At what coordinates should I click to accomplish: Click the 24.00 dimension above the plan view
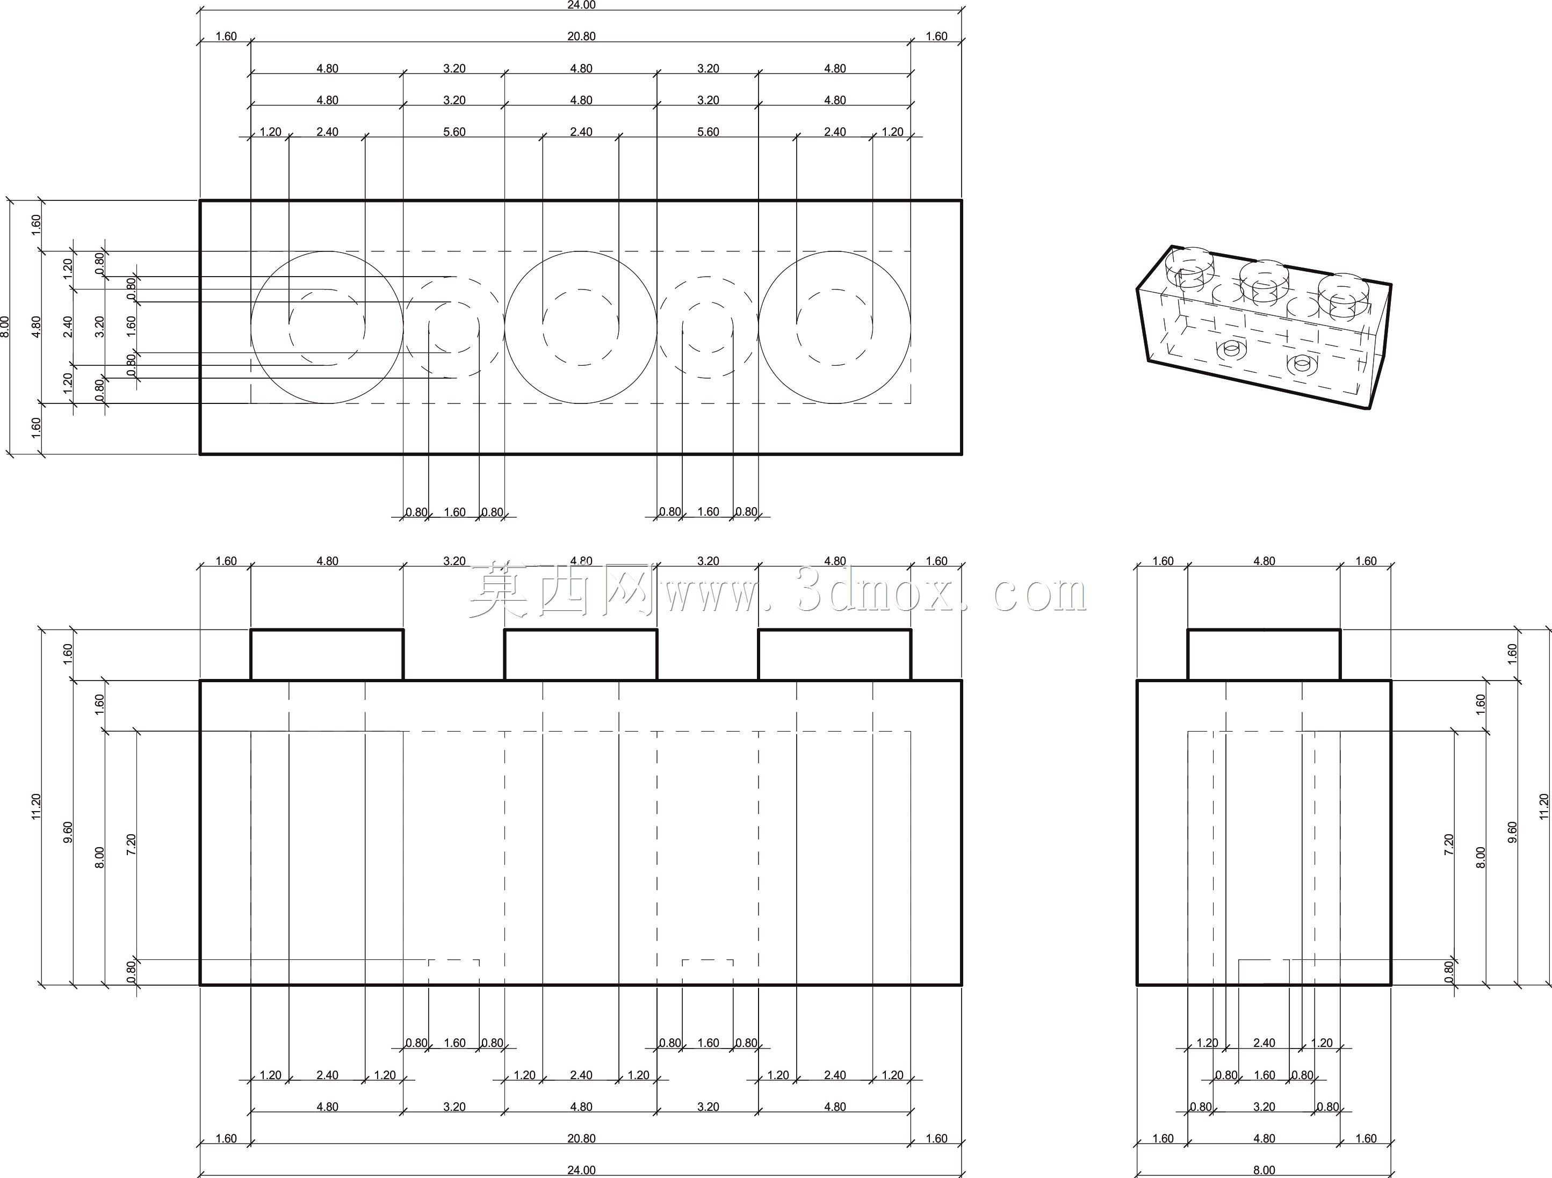coord(581,5)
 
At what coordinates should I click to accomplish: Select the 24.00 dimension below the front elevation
coord(581,1169)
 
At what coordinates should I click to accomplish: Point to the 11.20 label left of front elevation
coord(37,806)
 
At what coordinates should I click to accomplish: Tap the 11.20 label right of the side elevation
coord(1543,806)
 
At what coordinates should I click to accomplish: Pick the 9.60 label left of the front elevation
coord(68,832)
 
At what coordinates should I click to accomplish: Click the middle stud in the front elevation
coord(581,655)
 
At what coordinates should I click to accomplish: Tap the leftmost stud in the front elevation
coord(327,655)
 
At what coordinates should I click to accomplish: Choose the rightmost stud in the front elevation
coord(835,655)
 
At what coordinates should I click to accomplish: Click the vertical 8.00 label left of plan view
coord(5,327)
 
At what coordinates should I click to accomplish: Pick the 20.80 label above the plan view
coord(581,37)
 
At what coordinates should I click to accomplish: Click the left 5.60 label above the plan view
coord(454,132)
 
